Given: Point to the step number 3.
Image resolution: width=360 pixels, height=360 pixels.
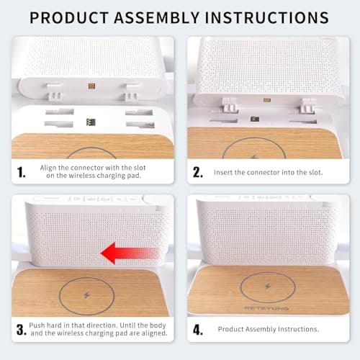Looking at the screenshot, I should click(22, 330).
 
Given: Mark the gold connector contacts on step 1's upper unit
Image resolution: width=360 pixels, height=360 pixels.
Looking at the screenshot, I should click(91, 86).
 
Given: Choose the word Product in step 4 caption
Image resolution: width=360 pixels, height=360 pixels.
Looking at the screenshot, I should click(233, 330).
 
